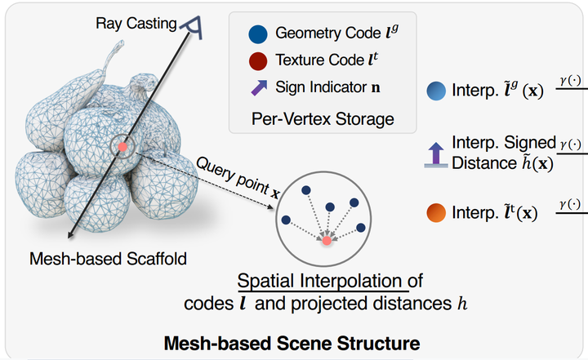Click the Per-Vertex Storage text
tap(323, 119)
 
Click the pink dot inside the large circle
tap(327, 241)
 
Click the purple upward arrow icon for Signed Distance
tap(435, 153)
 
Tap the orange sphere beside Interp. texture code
tap(435, 214)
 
